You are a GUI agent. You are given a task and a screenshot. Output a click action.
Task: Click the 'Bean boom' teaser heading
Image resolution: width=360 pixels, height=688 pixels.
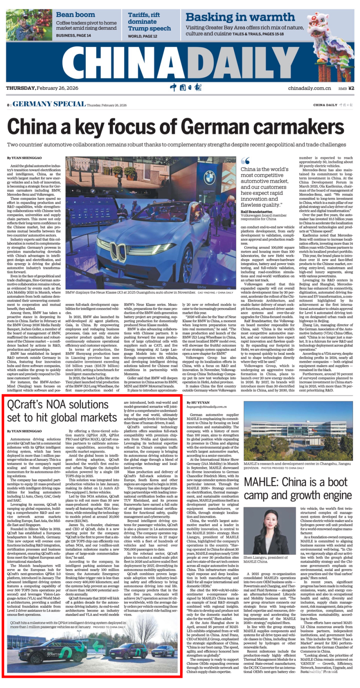tap(75, 15)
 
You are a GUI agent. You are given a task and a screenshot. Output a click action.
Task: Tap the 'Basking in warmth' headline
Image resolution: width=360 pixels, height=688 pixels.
tap(240, 17)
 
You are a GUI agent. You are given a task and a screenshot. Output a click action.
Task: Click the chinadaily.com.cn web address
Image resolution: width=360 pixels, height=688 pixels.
tap(309, 88)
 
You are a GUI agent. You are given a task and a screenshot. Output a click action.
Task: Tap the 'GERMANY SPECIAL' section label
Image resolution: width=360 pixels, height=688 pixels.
tap(49, 104)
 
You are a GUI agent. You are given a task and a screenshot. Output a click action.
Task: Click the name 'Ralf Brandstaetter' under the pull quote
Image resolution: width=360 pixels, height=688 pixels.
tap(256, 212)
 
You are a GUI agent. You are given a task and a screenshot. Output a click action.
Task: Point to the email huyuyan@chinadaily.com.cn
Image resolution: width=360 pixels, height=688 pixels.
tap(206, 407)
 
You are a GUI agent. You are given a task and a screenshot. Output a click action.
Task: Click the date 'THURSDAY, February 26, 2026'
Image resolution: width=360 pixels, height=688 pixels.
tap(42, 88)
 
